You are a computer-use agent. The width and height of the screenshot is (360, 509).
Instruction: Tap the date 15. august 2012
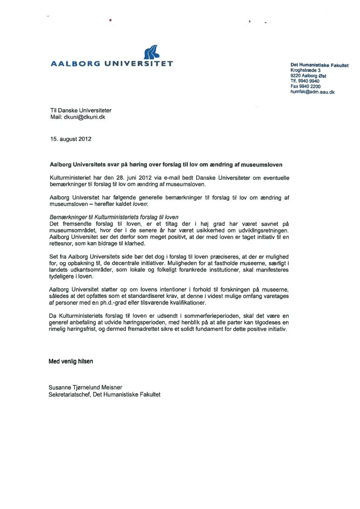click(x=71, y=139)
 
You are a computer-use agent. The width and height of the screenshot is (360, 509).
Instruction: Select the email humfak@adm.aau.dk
click(x=312, y=92)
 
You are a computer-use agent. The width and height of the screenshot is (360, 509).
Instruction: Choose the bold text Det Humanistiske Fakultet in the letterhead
click(x=319, y=65)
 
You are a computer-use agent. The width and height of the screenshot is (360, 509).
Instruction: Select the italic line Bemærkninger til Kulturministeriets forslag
click(x=114, y=217)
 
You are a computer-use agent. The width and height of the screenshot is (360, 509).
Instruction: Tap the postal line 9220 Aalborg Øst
click(x=308, y=76)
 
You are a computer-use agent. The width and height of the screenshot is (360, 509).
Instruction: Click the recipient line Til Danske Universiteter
click(x=81, y=111)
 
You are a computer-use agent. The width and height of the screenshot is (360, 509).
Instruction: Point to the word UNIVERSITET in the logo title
click(x=139, y=64)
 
